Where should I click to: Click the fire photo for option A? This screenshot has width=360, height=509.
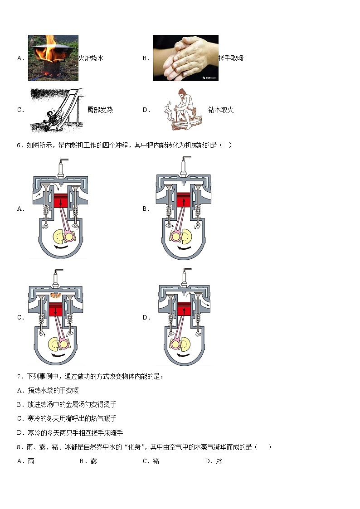pyautogui.click(x=53, y=58)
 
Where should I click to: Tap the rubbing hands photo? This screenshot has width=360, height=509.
pyautogui.click(x=185, y=58)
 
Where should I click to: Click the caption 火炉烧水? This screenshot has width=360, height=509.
pyautogui.click(x=91, y=58)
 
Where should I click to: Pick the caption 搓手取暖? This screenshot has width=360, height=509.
pyautogui.click(x=231, y=58)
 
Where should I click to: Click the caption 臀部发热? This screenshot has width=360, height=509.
pyautogui.click(x=100, y=110)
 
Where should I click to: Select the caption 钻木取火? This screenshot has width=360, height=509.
pyautogui.click(x=221, y=110)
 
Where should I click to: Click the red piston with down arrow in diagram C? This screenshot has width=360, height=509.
pyautogui.click(x=56, y=311)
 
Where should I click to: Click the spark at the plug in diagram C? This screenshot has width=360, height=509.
pyautogui.click(x=56, y=295)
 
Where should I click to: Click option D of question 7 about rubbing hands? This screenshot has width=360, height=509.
pyautogui.click(x=70, y=433)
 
